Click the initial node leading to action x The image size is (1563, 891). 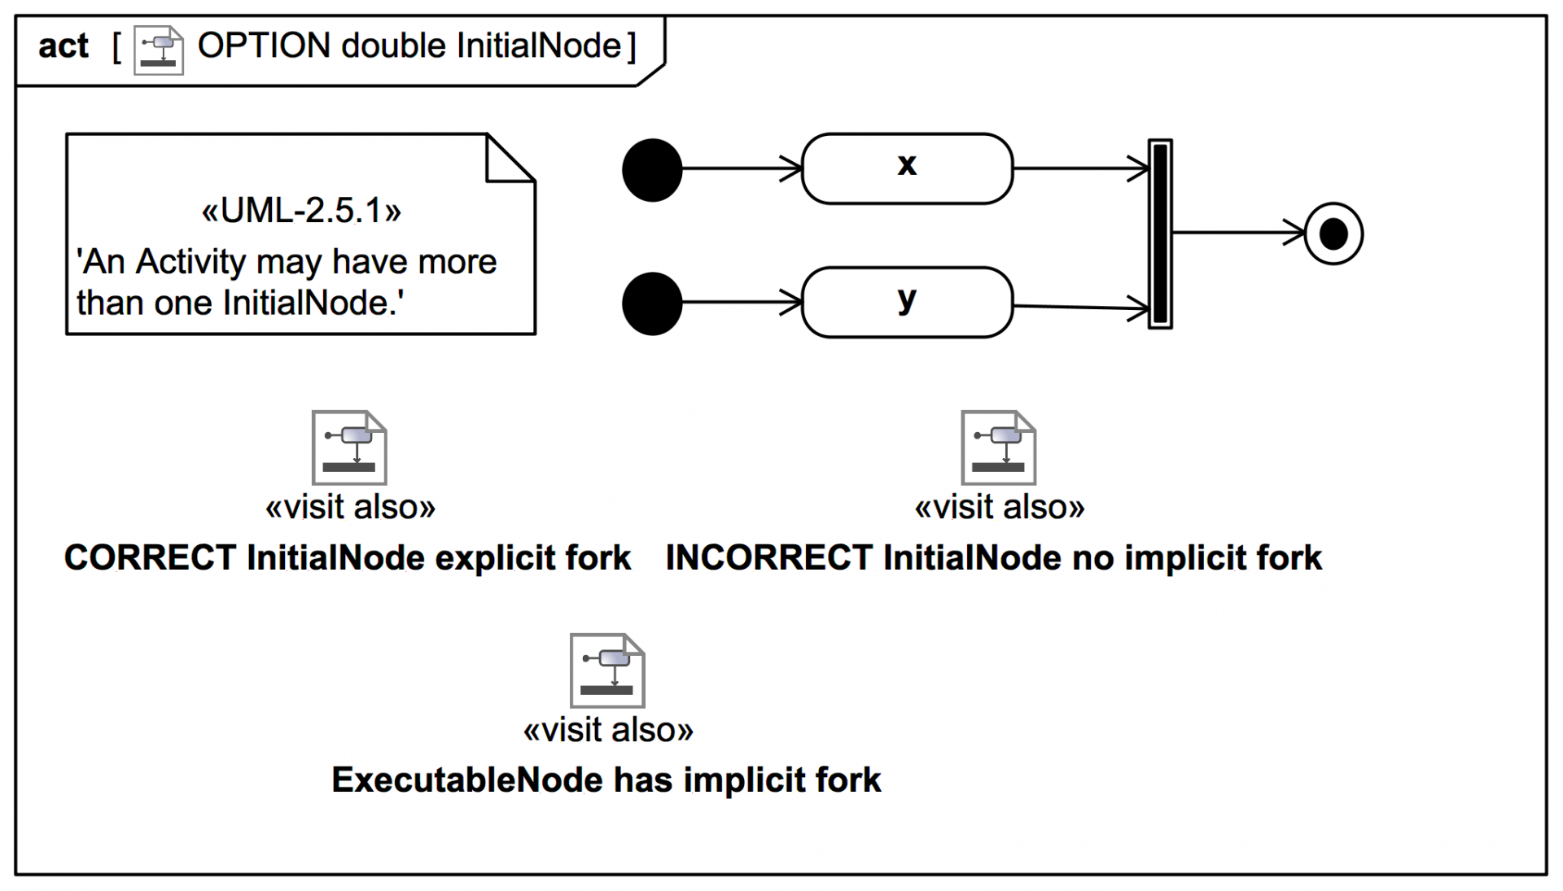tap(652, 170)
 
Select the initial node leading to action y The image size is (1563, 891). tap(652, 304)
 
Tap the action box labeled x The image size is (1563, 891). tap(907, 168)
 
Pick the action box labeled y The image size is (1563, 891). tap(907, 302)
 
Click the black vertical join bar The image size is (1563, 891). tap(1160, 234)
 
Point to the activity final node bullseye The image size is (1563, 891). tap(1333, 234)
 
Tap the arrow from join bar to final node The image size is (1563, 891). tap(1237, 233)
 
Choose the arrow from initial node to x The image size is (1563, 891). tap(741, 169)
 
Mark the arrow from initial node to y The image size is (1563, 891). tap(741, 303)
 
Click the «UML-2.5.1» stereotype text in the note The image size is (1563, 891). tap(301, 212)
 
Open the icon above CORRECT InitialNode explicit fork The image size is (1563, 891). tap(349, 448)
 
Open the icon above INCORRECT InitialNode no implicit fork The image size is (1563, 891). tap(998, 448)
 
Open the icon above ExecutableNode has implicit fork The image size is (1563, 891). tap(607, 670)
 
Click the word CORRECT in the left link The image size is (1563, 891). tap(150, 558)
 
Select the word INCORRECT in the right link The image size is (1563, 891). tap(768, 558)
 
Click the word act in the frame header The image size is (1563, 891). tap(63, 46)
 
